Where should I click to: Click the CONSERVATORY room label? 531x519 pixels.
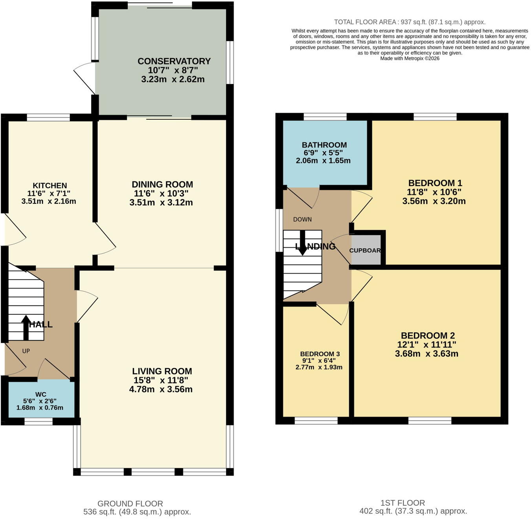(174, 61)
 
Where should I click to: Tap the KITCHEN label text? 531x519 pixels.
(49, 185)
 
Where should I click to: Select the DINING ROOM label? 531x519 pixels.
(162, 185)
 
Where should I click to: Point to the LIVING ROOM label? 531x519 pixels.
(162, 371)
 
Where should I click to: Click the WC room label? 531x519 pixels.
(41, 395)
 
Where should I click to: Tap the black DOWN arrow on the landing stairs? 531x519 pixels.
(302, 243)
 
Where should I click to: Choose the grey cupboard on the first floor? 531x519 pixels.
(366, 250)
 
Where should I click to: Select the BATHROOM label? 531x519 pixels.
(324, 145)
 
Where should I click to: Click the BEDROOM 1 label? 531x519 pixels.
(435, 183)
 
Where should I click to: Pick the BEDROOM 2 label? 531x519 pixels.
(428, 335)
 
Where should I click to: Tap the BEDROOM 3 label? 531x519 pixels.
(320, 354)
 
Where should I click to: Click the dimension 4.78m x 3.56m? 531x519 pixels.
(161, 389)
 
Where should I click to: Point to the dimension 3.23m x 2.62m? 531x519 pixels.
(173, 79)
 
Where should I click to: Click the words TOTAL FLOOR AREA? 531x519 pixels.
(365, 22)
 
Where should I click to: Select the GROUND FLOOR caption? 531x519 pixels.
(130, 503)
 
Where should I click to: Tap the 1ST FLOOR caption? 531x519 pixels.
(403, 503)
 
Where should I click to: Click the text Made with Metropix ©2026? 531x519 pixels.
(410, 58)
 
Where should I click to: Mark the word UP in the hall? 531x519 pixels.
(26, 351)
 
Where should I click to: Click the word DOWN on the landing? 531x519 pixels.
(302, 219)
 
